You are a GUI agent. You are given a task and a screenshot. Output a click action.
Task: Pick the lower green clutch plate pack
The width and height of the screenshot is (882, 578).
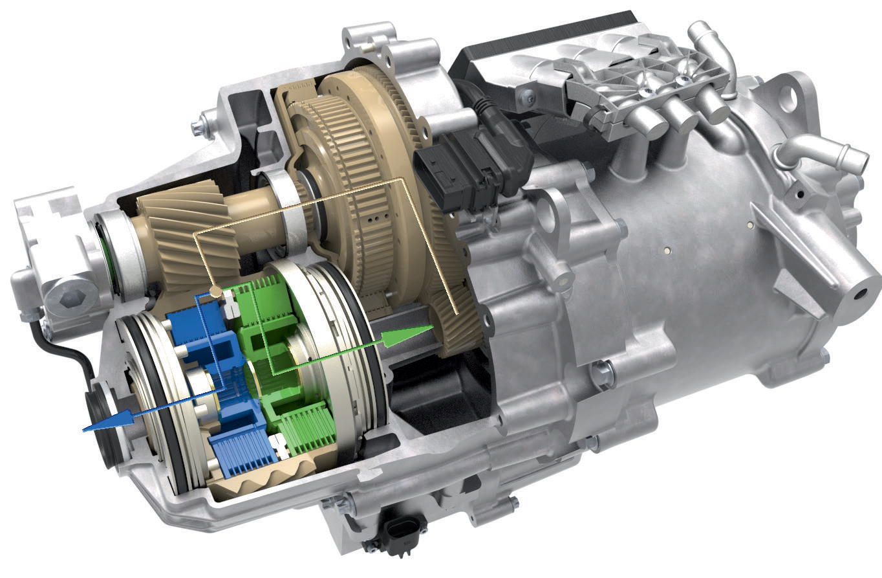click(308, 427)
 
